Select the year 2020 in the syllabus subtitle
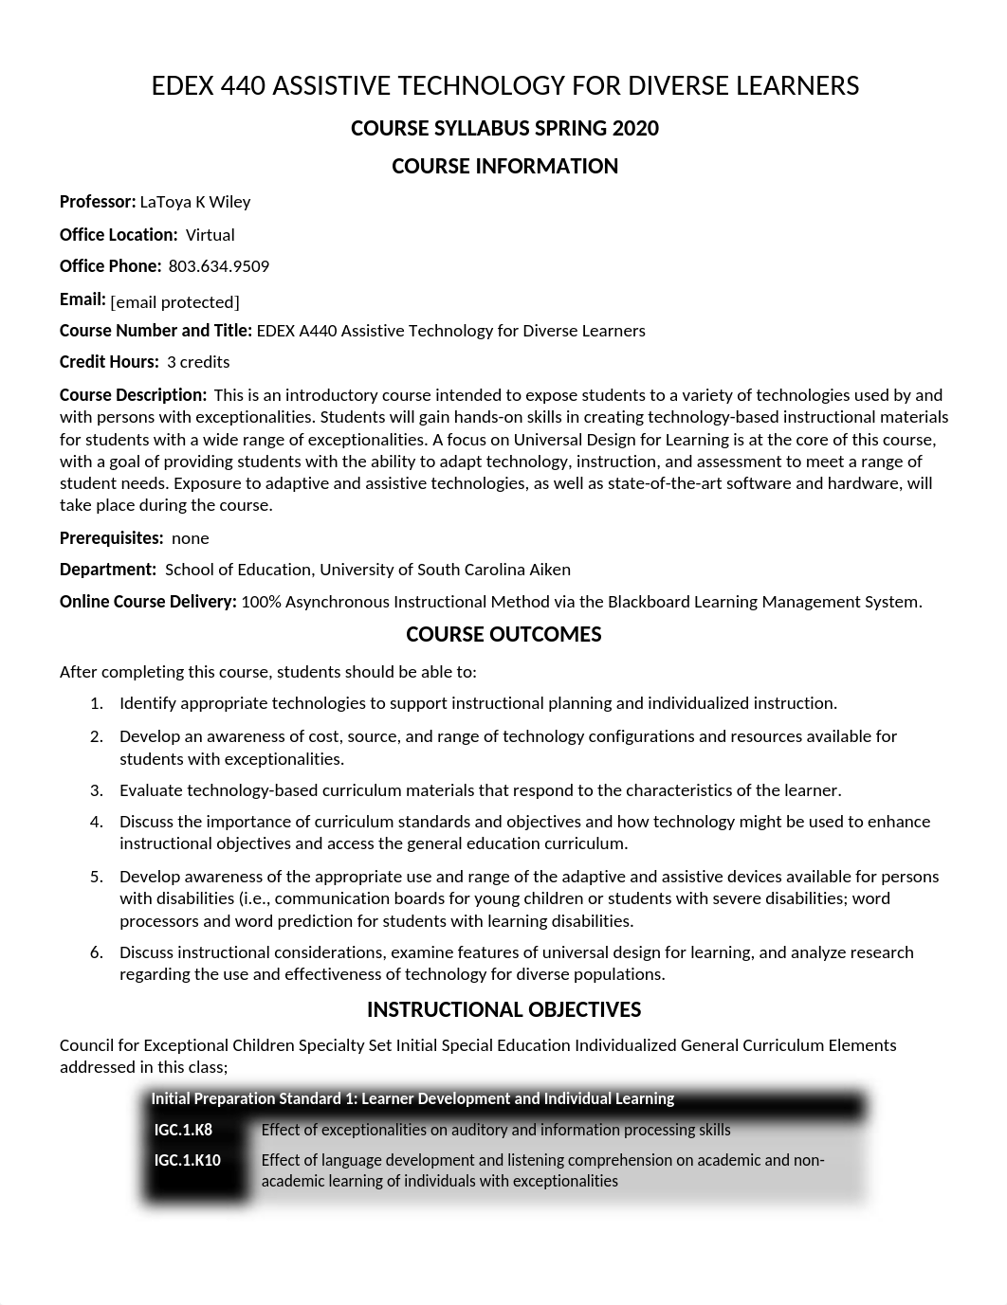point(635,129)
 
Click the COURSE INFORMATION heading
point(504,167)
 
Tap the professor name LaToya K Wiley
point(195,202)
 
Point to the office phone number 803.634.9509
point(219,266)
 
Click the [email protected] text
point(175,302)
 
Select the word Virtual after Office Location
point(210,235)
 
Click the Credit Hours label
point(109,362)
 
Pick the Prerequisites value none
point(190,538)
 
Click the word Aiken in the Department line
point(549,570)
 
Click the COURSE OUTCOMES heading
point(503,635)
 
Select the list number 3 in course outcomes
point(96,790)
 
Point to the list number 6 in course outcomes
point(96,952)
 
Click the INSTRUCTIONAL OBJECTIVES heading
point(503,1010)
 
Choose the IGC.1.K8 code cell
point(184,1130)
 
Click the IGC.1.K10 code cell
point(188,1160)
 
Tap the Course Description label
point(133,395)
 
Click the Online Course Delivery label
point(148,602)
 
